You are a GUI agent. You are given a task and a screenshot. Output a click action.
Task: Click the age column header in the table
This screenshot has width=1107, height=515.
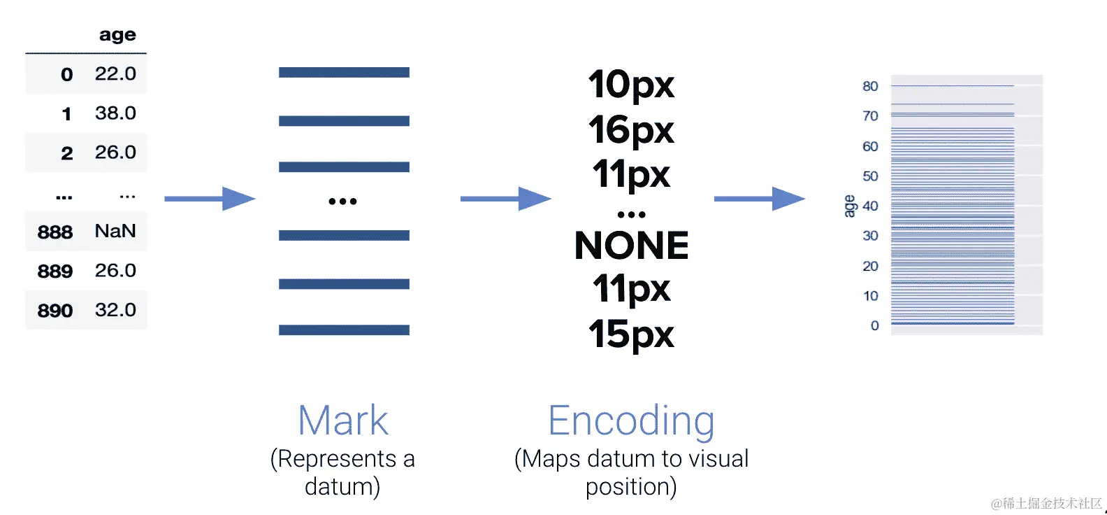[117, 35]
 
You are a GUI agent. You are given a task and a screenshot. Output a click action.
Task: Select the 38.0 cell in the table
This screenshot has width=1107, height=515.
[115, 113]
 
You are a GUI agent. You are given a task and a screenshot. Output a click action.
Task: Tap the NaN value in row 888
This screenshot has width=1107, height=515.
[115, 231]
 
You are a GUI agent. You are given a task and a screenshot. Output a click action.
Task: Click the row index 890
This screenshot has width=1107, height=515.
[55, 310]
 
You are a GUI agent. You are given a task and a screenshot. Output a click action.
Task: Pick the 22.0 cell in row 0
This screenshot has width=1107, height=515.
[115, 73]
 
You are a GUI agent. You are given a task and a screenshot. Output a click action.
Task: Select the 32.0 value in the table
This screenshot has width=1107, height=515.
[115, 310]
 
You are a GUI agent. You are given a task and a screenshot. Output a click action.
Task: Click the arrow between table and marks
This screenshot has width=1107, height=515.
[210, 199]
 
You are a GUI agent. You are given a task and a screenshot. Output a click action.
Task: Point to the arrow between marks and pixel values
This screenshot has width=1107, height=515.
[505, 199]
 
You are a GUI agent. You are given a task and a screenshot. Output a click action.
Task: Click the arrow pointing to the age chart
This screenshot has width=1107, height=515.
[759, 199]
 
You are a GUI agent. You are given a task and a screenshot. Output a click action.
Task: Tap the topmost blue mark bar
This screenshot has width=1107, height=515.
[344, 72]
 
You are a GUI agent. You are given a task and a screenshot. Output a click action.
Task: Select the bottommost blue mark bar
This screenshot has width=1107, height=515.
[344, 330]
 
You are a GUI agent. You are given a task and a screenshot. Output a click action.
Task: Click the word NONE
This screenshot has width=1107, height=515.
[631, 246]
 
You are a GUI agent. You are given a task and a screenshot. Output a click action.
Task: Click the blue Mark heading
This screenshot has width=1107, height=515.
[342, 421]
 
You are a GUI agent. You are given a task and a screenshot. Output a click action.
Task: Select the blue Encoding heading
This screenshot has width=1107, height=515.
[631, 421]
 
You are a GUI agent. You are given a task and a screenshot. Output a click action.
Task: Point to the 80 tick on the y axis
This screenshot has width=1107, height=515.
[870, 86]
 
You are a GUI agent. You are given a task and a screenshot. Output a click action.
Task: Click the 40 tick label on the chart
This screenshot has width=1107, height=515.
[870, 206]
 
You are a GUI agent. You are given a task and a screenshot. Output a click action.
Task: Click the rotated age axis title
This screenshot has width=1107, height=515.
[849, 206]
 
